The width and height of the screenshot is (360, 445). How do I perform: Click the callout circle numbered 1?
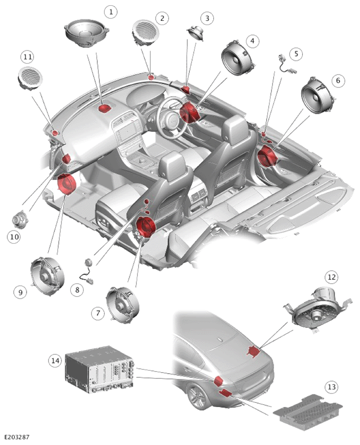coord(110,12)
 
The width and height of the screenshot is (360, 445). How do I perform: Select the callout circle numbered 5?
coord(296,54)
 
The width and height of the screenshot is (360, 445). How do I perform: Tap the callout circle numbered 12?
coord(331,277)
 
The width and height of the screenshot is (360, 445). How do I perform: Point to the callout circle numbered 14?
coord(55,361)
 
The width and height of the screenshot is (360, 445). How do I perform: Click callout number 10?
coord(14,236)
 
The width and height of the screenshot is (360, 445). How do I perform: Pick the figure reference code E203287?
coord(17,437)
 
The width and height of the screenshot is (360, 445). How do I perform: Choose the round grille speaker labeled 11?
coord(30,79)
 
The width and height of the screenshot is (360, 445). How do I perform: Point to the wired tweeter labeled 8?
coord(87,271)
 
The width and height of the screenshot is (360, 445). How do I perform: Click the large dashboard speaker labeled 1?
coord(86,33)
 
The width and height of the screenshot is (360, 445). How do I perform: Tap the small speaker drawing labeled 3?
coord(195,32)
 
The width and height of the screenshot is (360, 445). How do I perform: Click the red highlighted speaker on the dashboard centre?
coord(105,108)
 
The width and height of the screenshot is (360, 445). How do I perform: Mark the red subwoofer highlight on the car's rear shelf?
coord(254,351)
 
